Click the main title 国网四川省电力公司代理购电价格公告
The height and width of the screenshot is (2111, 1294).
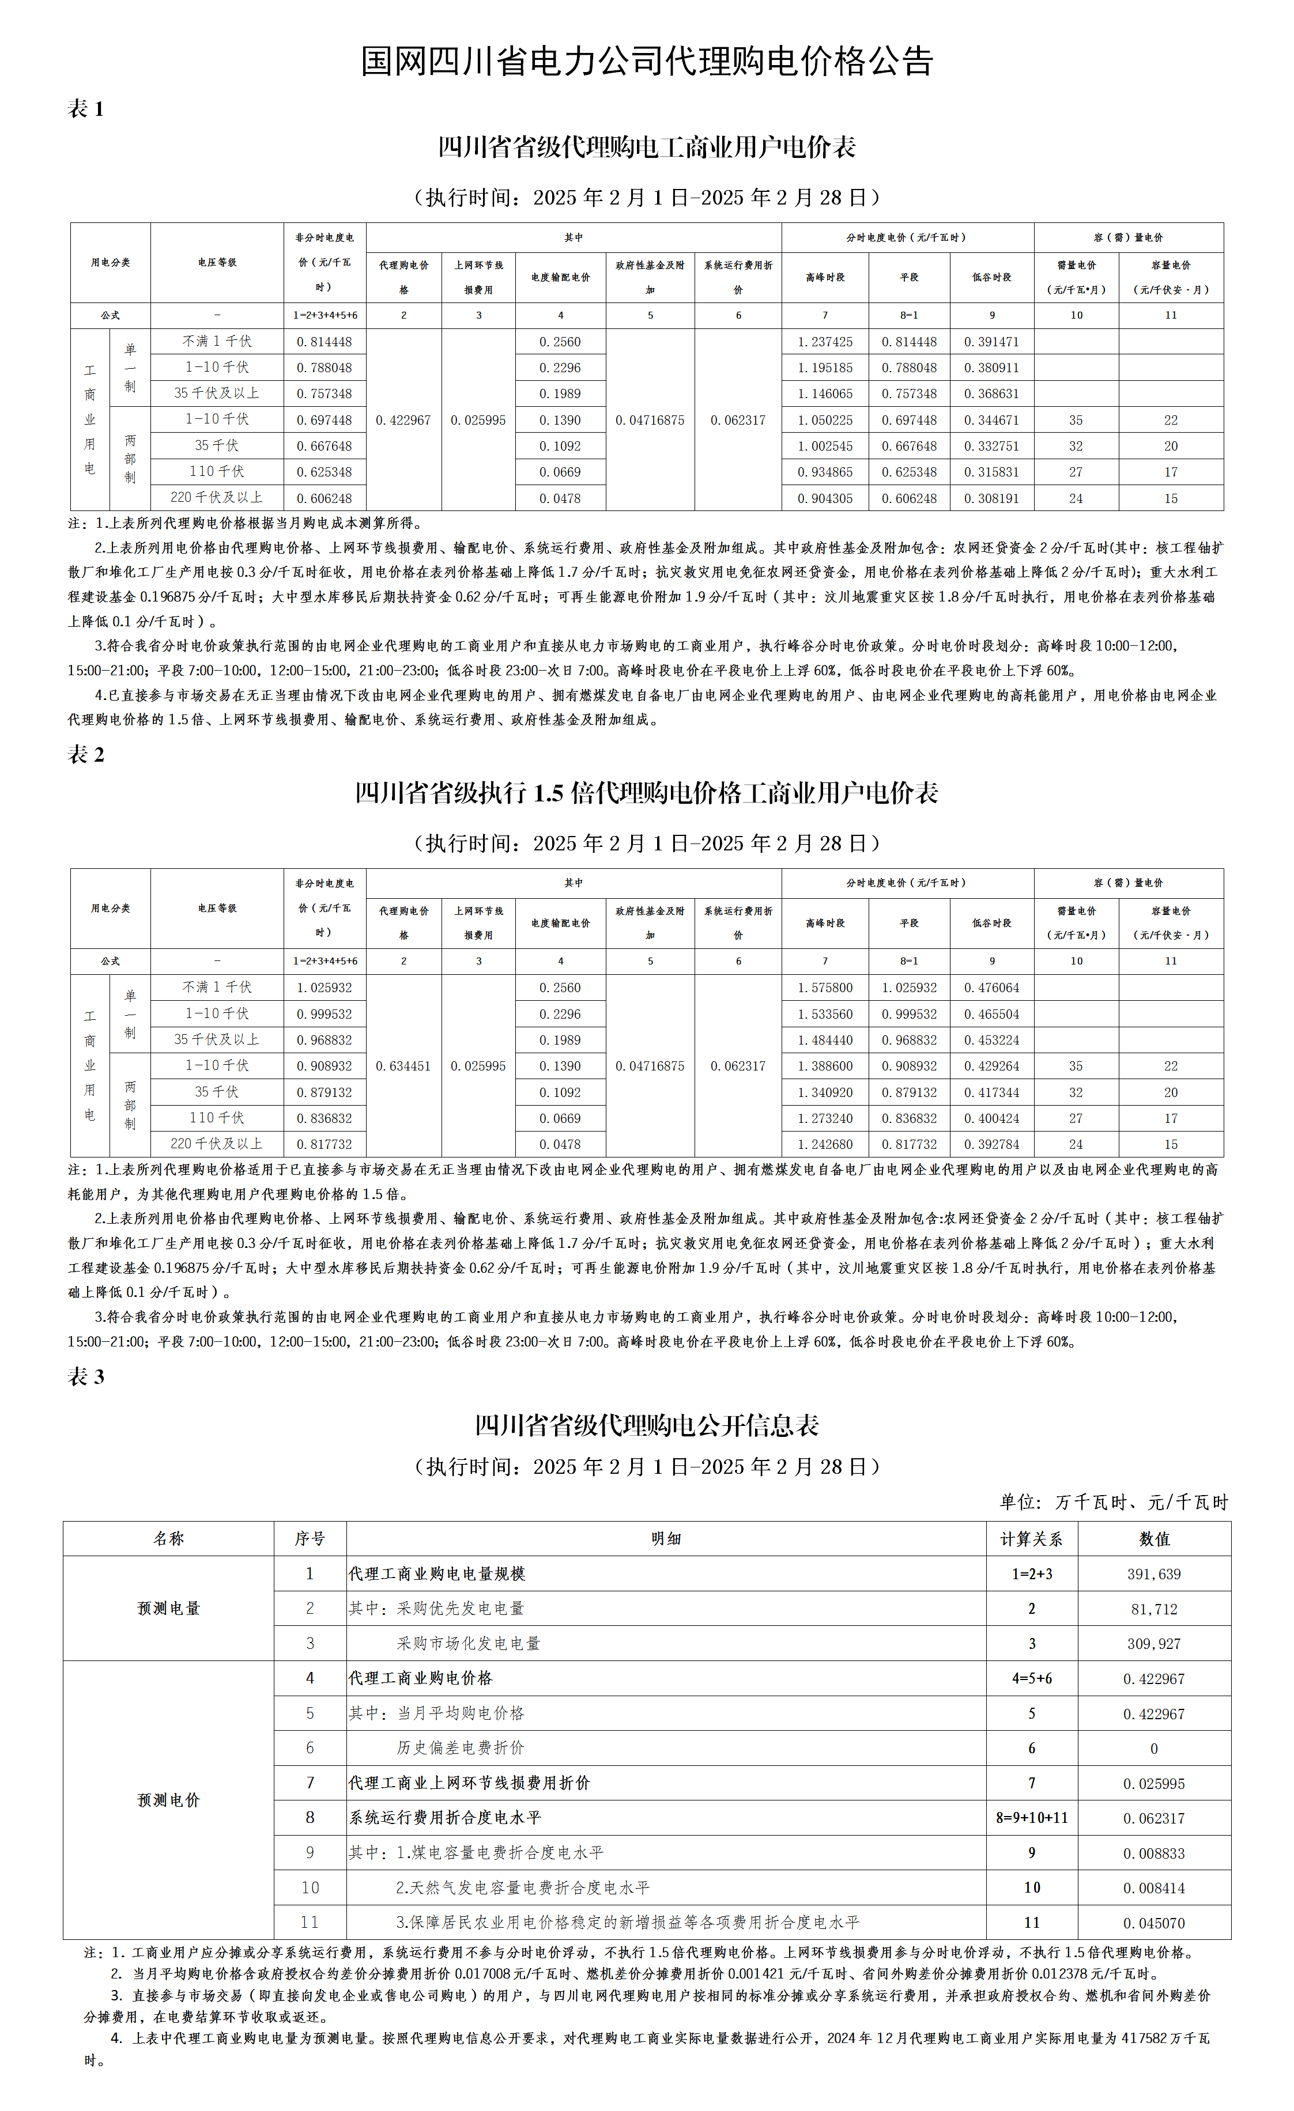[x=646, y=61]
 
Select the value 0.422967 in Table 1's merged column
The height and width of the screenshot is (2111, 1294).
[x=403, y=420]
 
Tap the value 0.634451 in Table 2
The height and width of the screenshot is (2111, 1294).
[x=403, y=1066]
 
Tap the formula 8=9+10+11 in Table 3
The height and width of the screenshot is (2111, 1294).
[x=1031, y=1817]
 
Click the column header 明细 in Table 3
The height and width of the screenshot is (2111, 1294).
[x=666, y=1539]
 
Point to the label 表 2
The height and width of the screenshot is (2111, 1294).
[x=86, y=754]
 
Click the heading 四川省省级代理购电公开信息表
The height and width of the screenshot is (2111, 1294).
[x=646, y=1425]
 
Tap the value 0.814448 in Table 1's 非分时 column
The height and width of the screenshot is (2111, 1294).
[x=324, y=342]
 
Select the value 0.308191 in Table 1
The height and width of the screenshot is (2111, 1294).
[x=991, y=498]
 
